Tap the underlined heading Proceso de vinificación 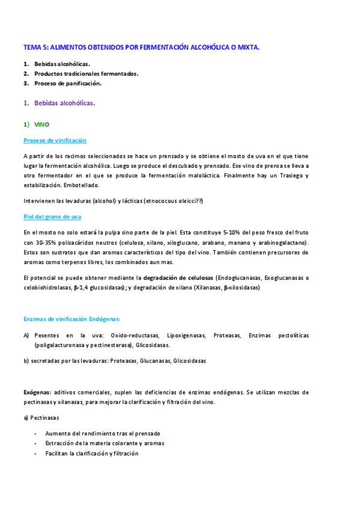click(55, 140)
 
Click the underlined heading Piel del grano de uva click(52, 216)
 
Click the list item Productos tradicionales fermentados click(86, 73)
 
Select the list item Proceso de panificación click(68, 83)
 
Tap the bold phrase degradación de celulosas click(178, 277)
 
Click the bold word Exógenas click(37, 392)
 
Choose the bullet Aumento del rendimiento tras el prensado click(102, 433)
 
